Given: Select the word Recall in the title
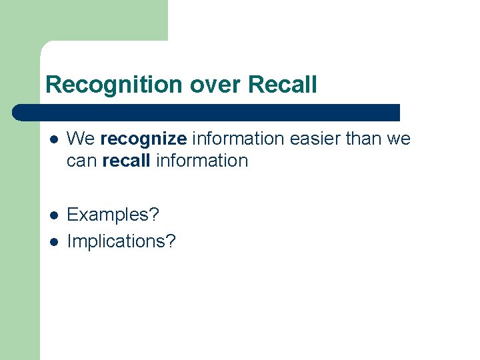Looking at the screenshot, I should [283, 85].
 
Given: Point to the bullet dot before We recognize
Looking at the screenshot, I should [54, 139].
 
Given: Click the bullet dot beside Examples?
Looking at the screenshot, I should [54, 215].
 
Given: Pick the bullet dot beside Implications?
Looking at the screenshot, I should [54, 241].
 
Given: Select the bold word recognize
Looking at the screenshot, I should [143, 139].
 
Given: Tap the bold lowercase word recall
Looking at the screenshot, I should [127, 161].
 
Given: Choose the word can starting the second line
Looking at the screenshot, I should [83, 161].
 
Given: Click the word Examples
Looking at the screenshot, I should [109, 215].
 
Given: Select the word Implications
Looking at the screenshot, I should [117, 241].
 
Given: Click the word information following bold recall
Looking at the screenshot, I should [202, 161].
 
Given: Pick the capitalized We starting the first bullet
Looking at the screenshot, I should [81, 139].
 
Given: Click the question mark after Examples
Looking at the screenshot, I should [155, 215].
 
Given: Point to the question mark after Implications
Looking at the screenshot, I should [171, 241].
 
